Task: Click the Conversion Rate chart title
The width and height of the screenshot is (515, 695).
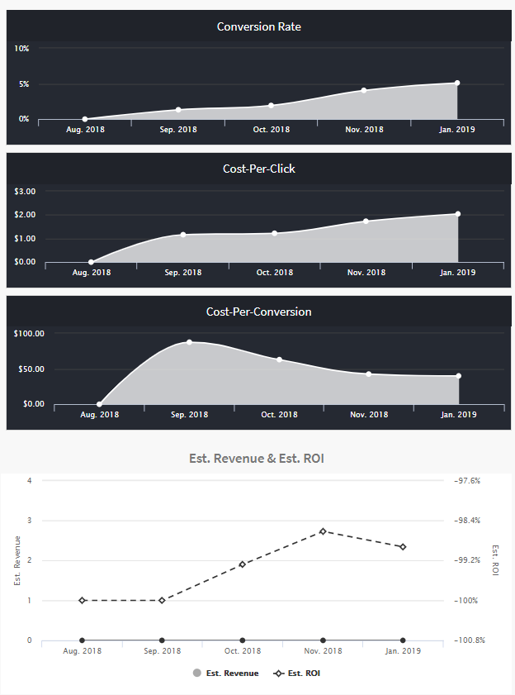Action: tap(258, 26)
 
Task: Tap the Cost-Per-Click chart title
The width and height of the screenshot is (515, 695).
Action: tap(258, 169)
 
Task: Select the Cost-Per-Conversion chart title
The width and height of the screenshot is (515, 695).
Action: tap(258, 312)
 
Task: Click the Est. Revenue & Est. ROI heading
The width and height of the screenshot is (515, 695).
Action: tap(258, 458)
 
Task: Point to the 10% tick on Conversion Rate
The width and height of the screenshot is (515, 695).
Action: tap(21, 49)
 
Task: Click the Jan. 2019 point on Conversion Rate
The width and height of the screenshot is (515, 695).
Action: tap(457, 83)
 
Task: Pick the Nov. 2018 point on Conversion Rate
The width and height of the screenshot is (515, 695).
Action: tap(364, 90)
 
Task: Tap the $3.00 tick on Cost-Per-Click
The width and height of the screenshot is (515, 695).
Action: tap(25, 192)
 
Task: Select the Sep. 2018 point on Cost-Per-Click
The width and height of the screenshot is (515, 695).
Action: tap(183, 235)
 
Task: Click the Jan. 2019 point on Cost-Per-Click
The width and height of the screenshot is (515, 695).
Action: tap(457, 214)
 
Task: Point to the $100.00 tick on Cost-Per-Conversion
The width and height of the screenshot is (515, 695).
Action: tap(29, 334)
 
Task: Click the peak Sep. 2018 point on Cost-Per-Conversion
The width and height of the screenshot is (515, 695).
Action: tap(189, 342)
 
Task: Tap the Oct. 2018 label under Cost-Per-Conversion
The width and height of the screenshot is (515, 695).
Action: tap(279, 415)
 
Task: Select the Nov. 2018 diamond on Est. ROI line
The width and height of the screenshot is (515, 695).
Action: tap(323, 531)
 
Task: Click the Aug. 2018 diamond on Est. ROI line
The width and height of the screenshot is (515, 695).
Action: tap(82, 600)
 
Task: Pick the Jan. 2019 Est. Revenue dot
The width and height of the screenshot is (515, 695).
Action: tap(403, 640)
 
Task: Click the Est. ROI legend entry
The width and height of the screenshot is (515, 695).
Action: tap(298, 674)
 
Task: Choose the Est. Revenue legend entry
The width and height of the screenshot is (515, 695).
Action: tap(225, 674)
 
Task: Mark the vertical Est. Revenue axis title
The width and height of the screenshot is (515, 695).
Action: tap(17, 561)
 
